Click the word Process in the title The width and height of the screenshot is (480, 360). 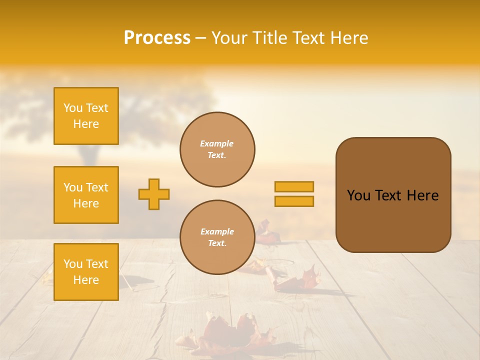[x=157, y=37]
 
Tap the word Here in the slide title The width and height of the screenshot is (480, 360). [x=348, y=37]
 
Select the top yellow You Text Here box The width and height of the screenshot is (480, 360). [x=86, y=116]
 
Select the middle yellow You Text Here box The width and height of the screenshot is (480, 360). [x=86, y=195]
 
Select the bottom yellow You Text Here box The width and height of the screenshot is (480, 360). [x=86, y=272]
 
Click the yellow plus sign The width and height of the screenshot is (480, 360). [x=154, y=194]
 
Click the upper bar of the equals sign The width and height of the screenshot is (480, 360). [x=294, y=186]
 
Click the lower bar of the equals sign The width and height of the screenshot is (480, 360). [x=294, y=201]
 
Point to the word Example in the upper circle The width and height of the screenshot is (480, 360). [x=217, y=143]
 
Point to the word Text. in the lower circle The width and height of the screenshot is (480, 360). [x=217, y=243]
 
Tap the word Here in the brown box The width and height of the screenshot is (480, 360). [x=422, y=195]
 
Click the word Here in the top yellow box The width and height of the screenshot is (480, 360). [x=86, y=124]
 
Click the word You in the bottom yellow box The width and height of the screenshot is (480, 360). [x=73, y=264]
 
